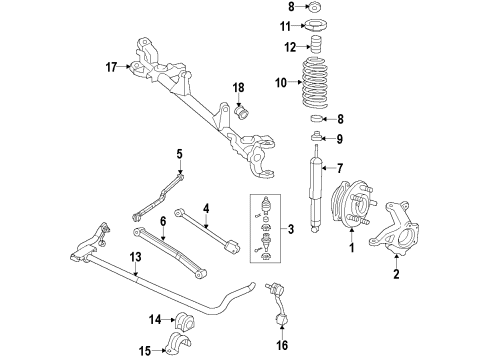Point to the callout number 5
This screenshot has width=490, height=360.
click(181, 153)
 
